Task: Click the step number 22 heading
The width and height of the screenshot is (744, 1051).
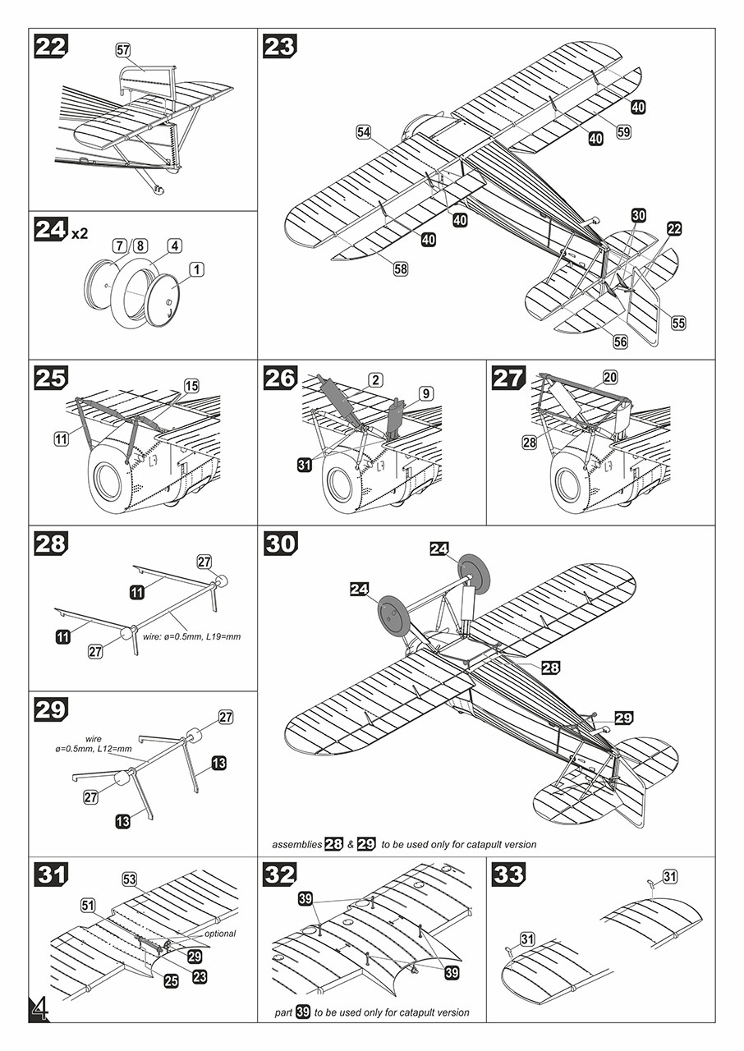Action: pos(51,48)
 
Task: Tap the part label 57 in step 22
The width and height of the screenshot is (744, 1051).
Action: pos(123,50)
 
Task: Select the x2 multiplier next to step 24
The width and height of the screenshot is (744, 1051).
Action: pos(80,233)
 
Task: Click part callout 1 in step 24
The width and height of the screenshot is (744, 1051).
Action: pos(195,268)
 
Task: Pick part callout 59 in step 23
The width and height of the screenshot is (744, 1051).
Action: pos(623,131)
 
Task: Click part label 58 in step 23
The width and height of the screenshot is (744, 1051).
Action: pos(401,268)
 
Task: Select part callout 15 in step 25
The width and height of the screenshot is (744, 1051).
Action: pos(191,385)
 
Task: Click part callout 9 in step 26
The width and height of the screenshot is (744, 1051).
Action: pos(425,393)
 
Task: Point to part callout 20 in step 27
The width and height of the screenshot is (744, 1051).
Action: pos(609,377)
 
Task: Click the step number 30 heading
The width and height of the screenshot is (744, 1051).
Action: pos(281,544)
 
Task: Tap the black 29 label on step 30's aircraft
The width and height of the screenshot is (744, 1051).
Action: pos(623,718)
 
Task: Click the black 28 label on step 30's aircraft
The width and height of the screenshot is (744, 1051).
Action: pos(550,668)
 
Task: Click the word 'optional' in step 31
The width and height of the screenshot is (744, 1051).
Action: pos(215,934)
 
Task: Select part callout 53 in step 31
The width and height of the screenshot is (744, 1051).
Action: pos(129,879)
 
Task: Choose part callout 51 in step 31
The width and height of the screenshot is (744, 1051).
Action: pos(88,905)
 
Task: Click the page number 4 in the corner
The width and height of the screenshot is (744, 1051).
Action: pos(38,1009)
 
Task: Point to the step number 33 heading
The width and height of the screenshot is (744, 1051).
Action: pos(509,874)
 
